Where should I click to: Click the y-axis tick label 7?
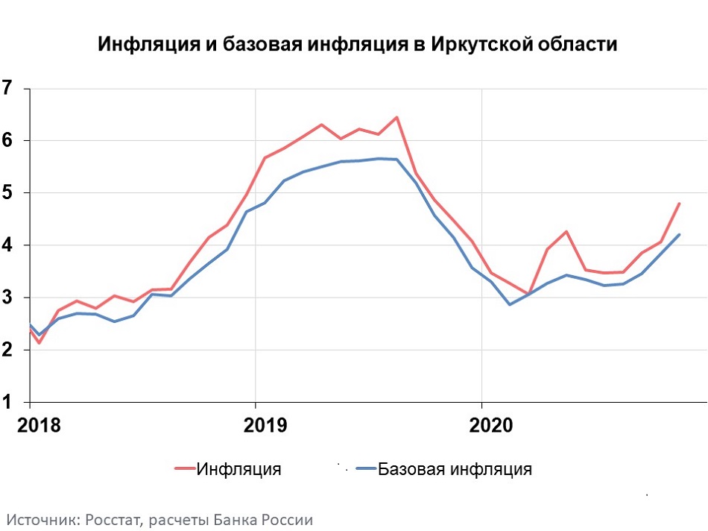click(7, 88)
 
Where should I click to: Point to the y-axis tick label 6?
click(7, 140)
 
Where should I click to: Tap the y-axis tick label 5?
click(7, 193)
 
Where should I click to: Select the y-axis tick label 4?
click(7, 245)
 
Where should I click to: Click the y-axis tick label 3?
click(7, 298)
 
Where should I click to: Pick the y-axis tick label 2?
click(7, 350)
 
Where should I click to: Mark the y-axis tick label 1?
click(7, 403)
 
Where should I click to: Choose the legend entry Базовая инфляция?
click(455, 469)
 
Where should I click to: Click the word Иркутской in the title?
click(481, 45)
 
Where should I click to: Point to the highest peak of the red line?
click(396, 117)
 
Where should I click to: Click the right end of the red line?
click(679, 204)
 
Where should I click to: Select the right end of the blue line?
click(679, 235)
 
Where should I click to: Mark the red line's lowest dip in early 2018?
click(39, 343)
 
